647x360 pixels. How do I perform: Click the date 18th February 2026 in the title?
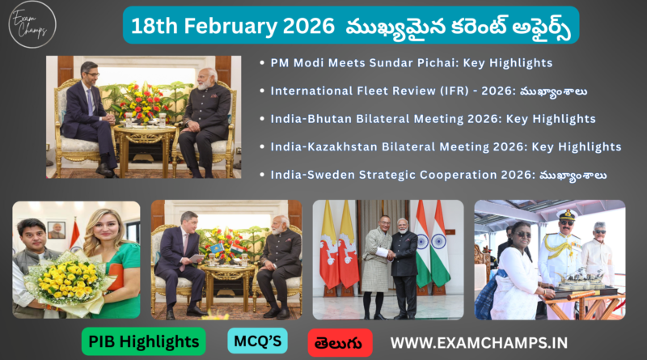coord(228,24)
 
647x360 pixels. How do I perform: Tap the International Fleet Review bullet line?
coord(429,91)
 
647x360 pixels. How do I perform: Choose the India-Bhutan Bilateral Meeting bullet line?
coord(433,119)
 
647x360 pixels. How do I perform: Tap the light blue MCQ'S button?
coord(256,341)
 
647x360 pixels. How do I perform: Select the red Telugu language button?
coord(340,341)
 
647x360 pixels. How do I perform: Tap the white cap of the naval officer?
coord(566,216)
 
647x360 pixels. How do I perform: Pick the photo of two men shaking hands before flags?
coord(387,259)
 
